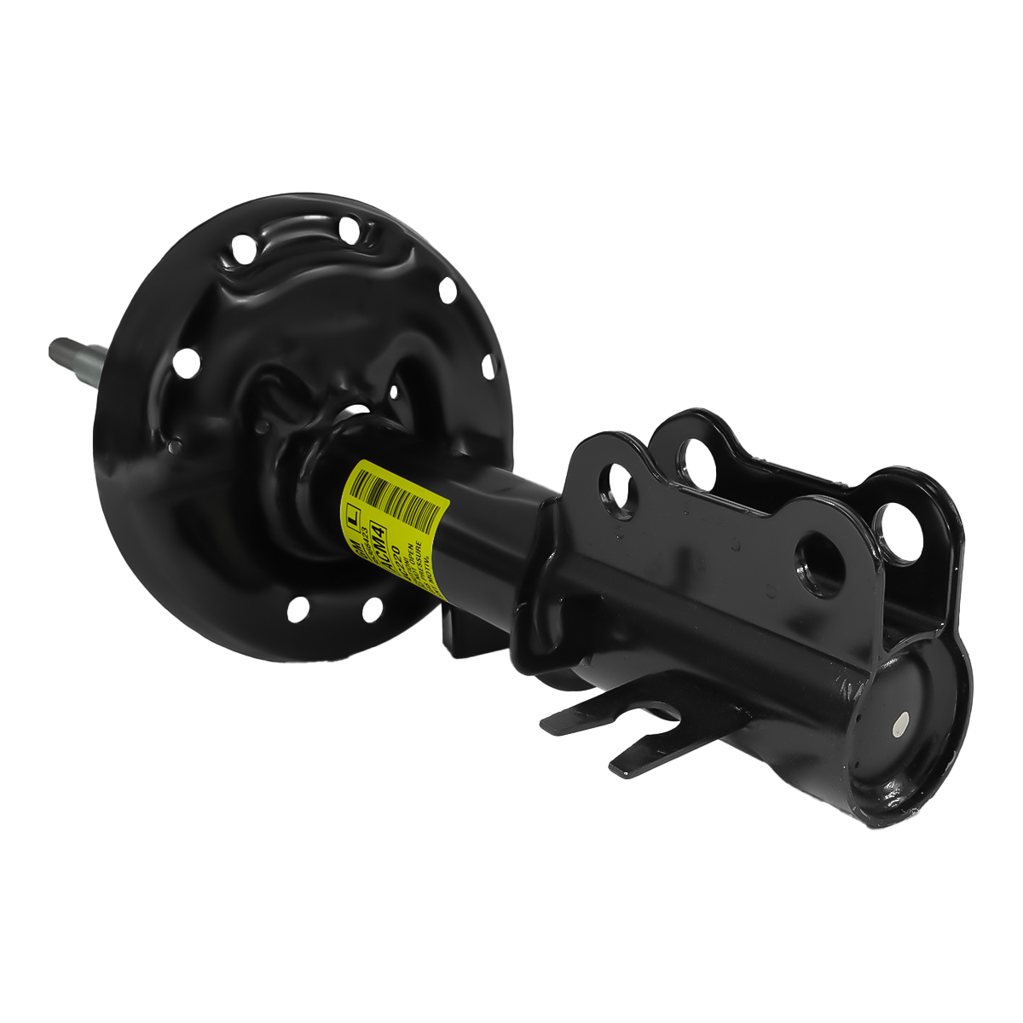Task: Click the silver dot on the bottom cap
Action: click(900, 725)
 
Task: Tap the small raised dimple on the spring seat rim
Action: click(174, 444)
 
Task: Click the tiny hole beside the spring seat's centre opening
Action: click(393, 391)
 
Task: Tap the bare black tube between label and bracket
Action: click(494, 529)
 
